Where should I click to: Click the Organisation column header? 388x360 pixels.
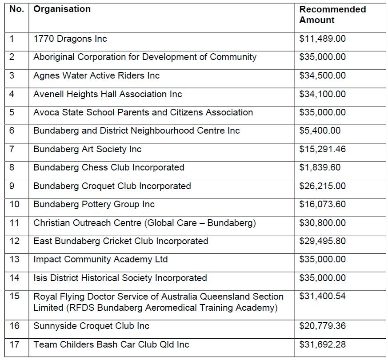[62, 9]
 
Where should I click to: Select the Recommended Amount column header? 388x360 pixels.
[332, 15]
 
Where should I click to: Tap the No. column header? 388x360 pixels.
[16, 9]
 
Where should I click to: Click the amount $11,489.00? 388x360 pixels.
[322, 39]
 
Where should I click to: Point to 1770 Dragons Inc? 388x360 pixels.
[70, 39]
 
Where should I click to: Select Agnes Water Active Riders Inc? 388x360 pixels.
[96, 75]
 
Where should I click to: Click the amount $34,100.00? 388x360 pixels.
[322, 94]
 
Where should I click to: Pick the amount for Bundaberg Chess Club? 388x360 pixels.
[320, 167]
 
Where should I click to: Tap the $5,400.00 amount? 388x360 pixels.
[320, 131]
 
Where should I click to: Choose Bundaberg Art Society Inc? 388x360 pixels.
[87, 149]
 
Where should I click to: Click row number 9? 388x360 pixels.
[12, 186]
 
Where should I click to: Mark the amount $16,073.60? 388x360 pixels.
[322, 204]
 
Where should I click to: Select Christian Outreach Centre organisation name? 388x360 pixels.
[144, 223]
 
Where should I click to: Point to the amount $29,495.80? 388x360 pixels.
[322, 241]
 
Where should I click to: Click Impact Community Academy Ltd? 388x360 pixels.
[100, 259]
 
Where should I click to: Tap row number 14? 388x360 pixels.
[15, 278]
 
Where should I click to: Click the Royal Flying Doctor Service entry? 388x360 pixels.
[158, 302]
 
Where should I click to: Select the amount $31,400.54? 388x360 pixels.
[322, 296]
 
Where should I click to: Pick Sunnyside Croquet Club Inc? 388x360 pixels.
[91, 326]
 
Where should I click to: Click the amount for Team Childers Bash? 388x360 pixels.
[322, 344]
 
